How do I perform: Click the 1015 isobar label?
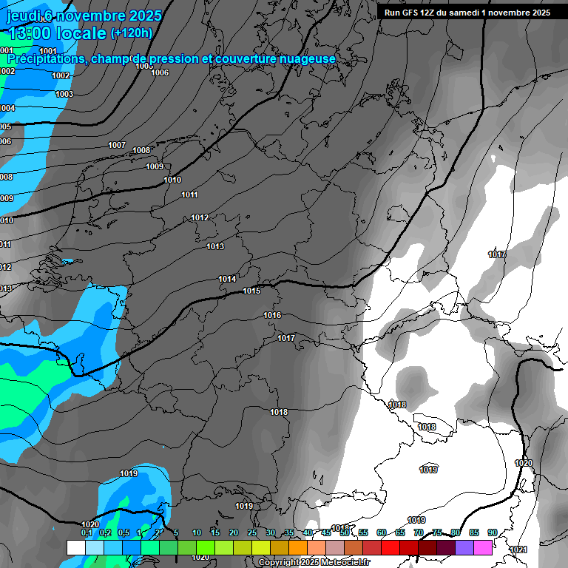point(251,291)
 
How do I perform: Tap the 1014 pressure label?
point(227,279)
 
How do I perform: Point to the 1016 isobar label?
point(272,316)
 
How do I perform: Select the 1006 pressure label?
point(160,72)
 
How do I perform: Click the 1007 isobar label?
point(117,145)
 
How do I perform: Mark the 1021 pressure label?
point(518,550)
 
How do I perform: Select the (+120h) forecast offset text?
point(132,33)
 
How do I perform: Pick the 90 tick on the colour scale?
point(492,532)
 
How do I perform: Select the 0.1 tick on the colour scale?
point(87,532)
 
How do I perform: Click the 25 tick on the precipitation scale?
point(252,532)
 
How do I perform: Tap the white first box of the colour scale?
point(76,547)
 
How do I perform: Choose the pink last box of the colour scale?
point(483,547)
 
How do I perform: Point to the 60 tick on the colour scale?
point(382,532)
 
